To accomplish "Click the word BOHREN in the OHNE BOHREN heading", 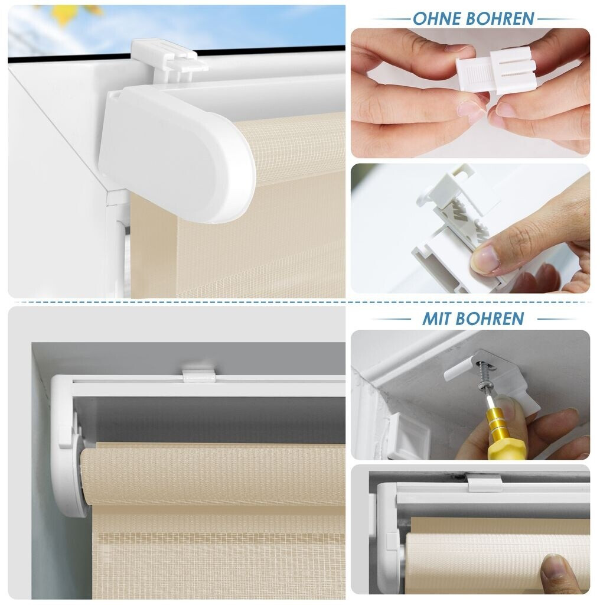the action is [500, 18].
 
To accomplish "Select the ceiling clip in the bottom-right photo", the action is [485, 483].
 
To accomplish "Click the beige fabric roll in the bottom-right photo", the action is [497, 559].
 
